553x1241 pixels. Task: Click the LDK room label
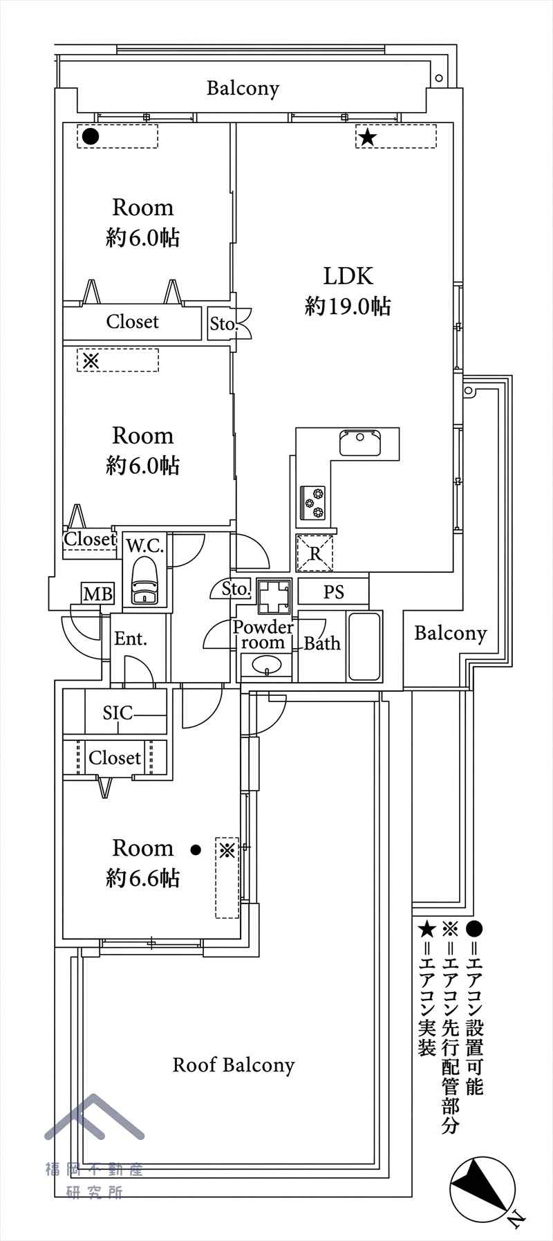(x=348, y=276)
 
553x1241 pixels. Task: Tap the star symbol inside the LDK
(x=367, y=137)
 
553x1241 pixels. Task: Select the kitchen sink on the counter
(x=359, y=443)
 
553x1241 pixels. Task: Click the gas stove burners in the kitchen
(x=313, y=503)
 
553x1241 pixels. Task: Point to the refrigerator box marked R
(x=315, y=553)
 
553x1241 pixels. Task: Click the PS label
(x=334, y=592)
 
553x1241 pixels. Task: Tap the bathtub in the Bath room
(x=364, y=646)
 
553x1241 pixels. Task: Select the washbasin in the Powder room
(x=266, y=666)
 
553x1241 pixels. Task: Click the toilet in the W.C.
(x=144, y=582)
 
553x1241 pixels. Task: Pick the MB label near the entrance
(x=97, y=594)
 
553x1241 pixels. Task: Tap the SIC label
(x=118, y=713)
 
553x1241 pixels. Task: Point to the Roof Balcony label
(x=234, y=1065)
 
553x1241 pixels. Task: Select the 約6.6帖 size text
(x=143, y=879)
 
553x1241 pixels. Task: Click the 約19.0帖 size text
(x=348, y=306)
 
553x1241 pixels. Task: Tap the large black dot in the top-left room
(x=90, y=136)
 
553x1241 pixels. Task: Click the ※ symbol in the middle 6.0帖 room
(x=91, y=360)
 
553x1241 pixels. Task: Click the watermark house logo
(x=95, y=1116)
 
